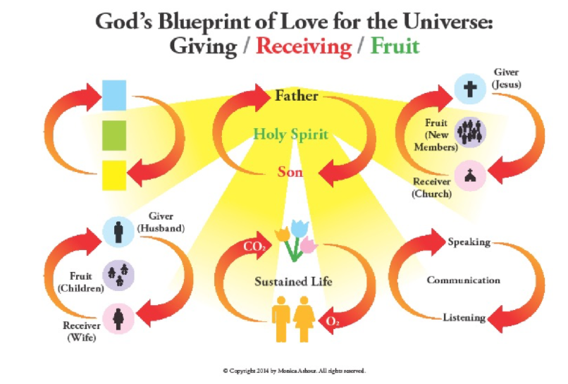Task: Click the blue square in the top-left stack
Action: (x=114, y=94)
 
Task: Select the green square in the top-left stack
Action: (x=114, y=134)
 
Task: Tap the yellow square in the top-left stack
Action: (x=114, y=175)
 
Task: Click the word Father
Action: (x=296, y=96)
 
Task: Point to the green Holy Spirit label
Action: (x=290, y=134)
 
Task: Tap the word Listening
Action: (x=464, y=318)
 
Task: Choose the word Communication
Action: (x=463, y=280)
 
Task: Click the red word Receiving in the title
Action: (x=303, y=47)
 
